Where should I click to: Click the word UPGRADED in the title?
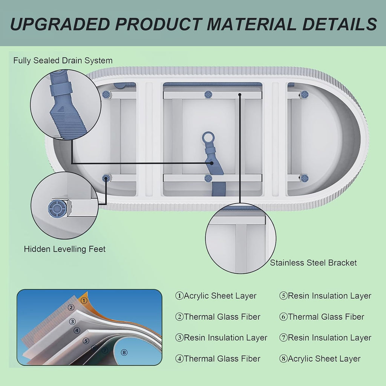coord(60,24)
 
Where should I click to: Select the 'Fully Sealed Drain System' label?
coord(63,61)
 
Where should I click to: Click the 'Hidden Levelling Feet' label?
coord(65,249)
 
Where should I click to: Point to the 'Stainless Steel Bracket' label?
coord(313,263)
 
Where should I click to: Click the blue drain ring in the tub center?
coord(208,138)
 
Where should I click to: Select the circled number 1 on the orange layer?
coord(84,300)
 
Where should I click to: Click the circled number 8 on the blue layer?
coord(124,352)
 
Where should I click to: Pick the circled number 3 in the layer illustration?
coord(72,322)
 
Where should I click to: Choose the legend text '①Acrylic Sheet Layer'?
coord(216,296)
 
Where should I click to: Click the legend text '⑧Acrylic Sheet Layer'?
coord(320,359)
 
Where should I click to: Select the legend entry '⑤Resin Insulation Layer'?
coord(325,296)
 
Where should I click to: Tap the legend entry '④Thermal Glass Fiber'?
coord(218,359)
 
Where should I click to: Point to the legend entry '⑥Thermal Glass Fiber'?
coord(322,317)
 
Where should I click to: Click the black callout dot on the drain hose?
coord(211,163)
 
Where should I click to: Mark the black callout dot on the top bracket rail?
coord(240,94)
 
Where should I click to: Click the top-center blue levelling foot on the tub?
coord(208,94)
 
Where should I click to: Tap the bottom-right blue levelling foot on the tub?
coord(304,178)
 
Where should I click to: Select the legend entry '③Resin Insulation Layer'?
coord(221,338)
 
